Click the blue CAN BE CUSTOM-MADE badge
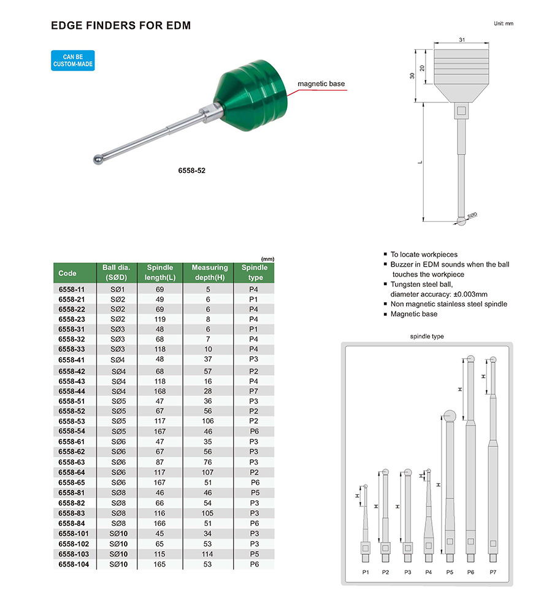[73, 61]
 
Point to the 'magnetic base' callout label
[321, 83]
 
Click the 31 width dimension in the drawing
[462, 40]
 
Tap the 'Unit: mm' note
[503, 23]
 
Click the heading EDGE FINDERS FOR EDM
[120, 26]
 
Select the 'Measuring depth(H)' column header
[209, 272]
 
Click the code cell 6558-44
[71, 391]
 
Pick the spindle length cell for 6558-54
[159, 432]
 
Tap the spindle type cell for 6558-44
[254, 391]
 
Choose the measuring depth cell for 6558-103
[209, 554]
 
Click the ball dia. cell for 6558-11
[118, 289]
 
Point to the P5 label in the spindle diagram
[449, 571]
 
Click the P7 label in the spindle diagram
[493, 571]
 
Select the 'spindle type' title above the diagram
[427, 336]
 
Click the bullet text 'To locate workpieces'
[424, 254]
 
